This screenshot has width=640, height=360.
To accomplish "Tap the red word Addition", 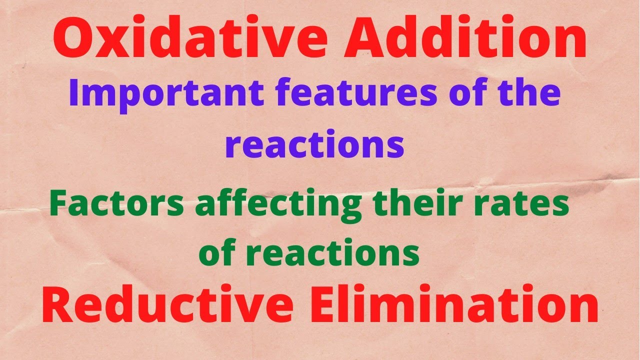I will tap(464, 39).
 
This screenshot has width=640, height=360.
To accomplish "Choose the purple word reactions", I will tap(314, 145).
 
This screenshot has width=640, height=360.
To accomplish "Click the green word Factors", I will tap(117, 205).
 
